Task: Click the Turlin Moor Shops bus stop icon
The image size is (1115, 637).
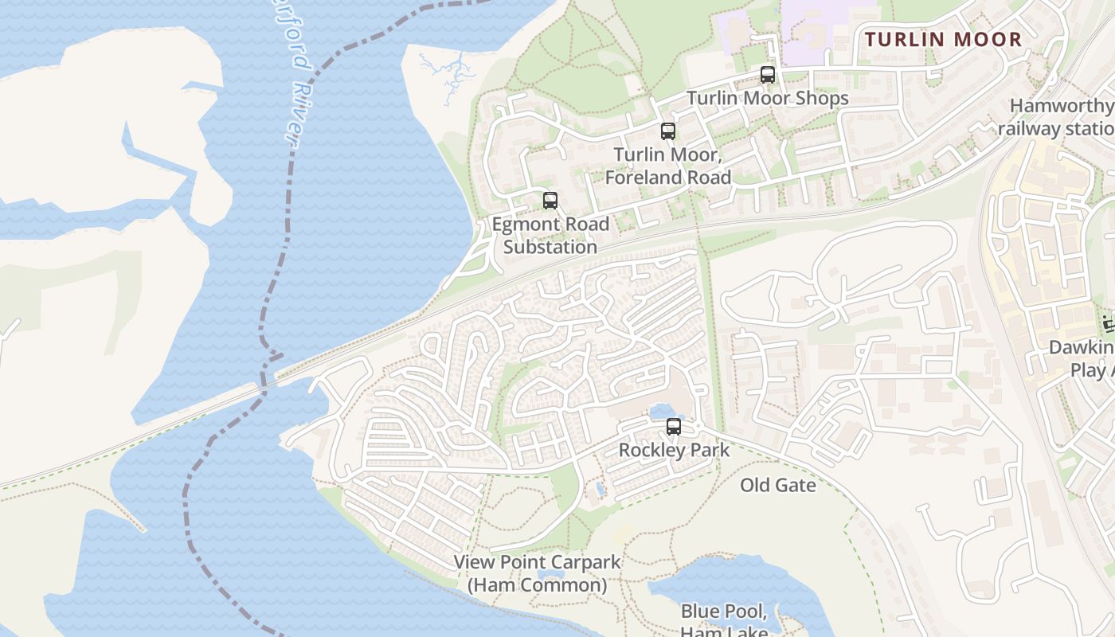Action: click(767, 75)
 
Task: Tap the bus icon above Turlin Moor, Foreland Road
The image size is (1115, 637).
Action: click(667, 131)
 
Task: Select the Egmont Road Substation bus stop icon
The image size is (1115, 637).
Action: click(550, 201)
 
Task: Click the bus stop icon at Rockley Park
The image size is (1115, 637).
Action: click(674, 427)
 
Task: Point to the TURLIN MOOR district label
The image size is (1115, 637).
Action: click(943, 39)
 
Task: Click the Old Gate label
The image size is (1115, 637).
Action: click(777, 485)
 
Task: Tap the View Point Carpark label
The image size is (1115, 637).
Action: click(537, 562)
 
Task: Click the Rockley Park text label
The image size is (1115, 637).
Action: click(674, 450)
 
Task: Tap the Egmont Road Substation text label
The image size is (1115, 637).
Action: click(550, 236)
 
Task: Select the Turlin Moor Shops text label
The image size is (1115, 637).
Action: click(767, 98)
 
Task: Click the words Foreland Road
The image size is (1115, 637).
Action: click(667, 177)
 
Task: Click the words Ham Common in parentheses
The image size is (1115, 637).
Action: click(537, 585)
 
